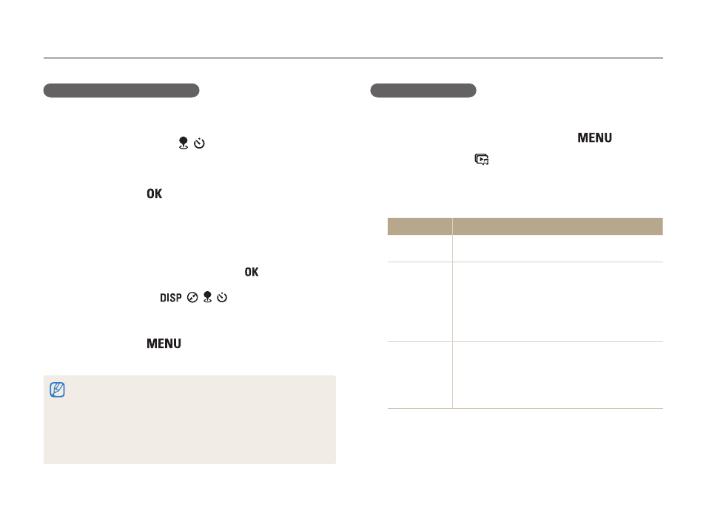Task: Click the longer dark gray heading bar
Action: click(x=121, y=90)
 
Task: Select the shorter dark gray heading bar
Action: click(x=423, y=90)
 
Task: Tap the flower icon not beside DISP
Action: click(x=184, y=143)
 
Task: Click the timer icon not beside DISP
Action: click(x=200, y=143)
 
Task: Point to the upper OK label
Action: click(x=155, y=194)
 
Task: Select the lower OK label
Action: click(x=252, y=272)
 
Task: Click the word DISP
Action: click(x=171, y=298)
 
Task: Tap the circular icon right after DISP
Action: click(x=192, y=298)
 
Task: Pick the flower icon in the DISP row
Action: click(x=207, y=297)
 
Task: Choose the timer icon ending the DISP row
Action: click(x=222, y=297)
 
